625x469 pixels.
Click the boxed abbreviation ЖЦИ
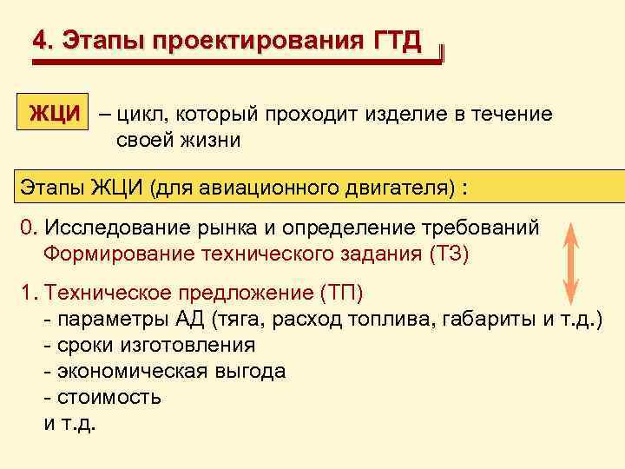(56, 114)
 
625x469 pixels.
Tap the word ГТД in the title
(398, 40)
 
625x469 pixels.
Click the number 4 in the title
(39, 40)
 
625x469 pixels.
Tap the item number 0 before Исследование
(27, 228)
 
